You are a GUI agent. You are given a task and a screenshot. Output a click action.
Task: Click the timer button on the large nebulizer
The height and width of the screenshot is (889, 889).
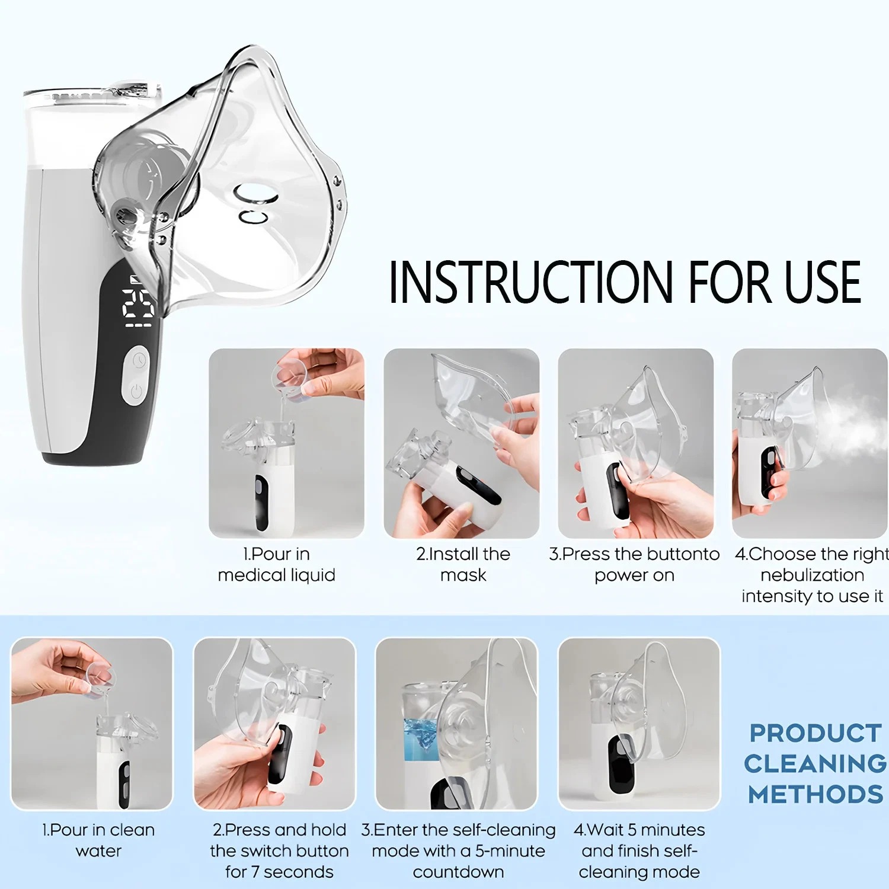(139, 361)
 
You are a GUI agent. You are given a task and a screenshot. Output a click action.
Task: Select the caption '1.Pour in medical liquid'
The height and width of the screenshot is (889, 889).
(276, 564)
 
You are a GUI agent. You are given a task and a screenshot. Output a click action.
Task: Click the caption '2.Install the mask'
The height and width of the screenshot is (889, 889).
(463, 564)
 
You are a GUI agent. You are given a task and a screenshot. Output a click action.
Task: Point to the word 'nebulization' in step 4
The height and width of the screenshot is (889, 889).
(812, 575)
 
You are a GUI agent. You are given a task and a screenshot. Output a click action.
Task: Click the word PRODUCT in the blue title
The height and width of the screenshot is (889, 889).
(816, 733)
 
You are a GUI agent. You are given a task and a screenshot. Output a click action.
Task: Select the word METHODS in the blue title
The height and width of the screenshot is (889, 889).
(816, 794)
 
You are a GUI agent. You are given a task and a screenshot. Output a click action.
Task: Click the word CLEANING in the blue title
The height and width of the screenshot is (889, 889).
(816, 763)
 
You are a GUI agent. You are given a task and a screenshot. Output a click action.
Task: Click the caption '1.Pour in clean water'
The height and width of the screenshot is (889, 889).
(98, 840)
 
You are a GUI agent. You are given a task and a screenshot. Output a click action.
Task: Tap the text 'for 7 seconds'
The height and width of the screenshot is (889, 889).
(279, 872)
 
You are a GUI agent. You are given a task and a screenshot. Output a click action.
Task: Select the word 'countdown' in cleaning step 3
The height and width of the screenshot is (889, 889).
(458, 872)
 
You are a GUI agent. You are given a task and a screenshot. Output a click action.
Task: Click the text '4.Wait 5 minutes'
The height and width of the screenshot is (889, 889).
(639, 830)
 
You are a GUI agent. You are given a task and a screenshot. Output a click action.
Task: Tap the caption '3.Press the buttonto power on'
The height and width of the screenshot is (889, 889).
(634, 564)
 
